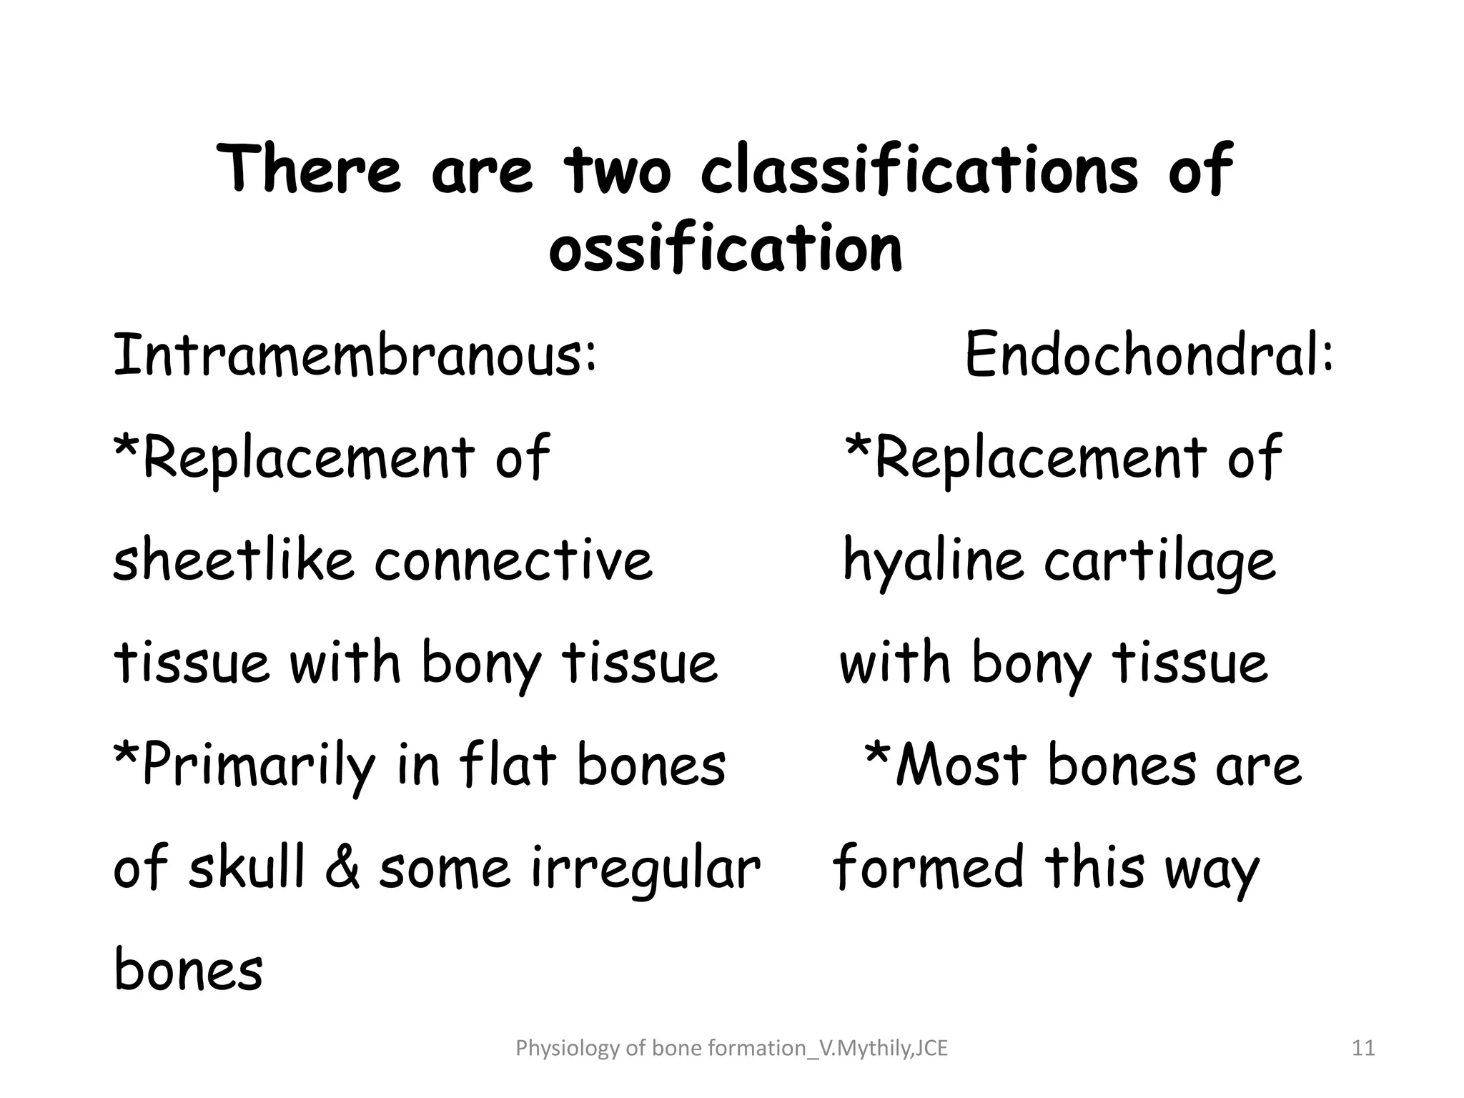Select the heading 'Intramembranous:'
tap(355, 355)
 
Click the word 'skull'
tap(246, 866)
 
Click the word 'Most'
tap(961, 765)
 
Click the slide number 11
tap(1364, 1049)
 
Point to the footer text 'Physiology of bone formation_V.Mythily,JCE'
tap(731, 1049)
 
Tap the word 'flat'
tap(508, 765)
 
